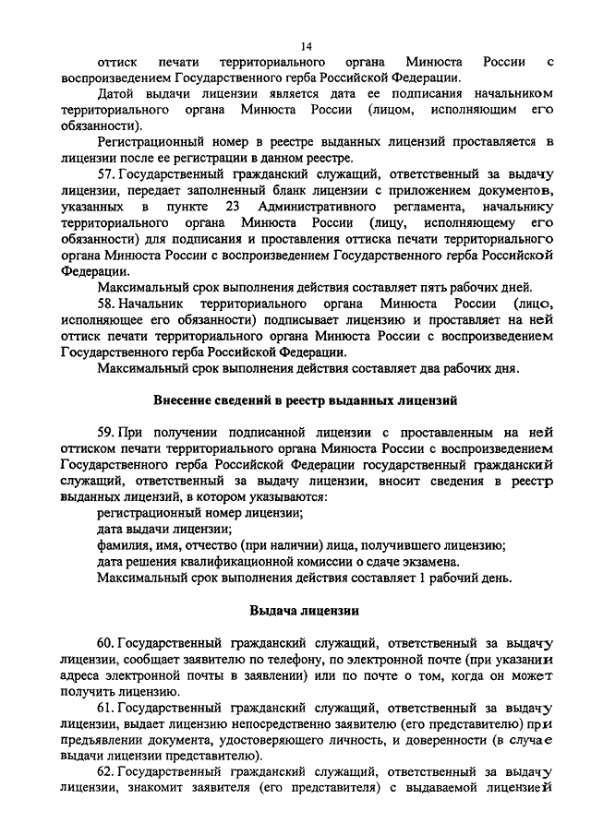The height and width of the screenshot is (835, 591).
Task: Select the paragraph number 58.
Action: tap(104, 303)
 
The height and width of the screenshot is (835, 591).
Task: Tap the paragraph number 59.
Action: tap(104, 431)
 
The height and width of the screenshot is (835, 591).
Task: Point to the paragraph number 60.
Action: tap(104, 641)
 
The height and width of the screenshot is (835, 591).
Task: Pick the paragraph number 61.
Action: tap(104, 707)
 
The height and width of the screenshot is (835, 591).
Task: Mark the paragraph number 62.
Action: tap(104, 771)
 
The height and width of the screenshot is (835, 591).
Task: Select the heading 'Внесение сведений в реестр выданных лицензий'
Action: tap(307, 400)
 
